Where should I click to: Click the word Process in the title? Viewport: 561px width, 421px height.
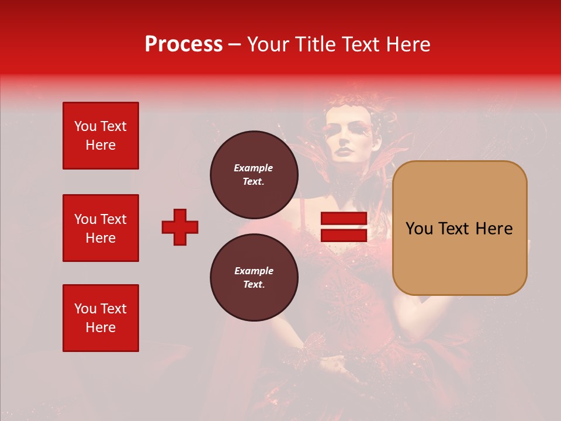click(x=183, y=44)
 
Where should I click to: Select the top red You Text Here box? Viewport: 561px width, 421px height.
click(x=101, y=136)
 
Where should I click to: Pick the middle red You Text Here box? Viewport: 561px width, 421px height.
click(x=101, y=228)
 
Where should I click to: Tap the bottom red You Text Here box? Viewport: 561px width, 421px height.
click(x=101, y=318)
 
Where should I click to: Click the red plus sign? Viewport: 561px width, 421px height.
click(x=180, y=227)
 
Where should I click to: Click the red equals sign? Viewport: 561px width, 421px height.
click(x=344, y=227)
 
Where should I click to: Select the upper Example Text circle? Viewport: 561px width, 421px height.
click(x=254, y=174)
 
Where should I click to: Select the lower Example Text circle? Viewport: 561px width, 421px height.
click(x=254, y=277)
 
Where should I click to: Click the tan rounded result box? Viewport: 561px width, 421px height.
click(x=459, y=228)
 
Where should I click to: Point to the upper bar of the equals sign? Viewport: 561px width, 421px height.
click(x=344, y=219)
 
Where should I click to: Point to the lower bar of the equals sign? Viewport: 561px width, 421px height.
click(x=344, y=235)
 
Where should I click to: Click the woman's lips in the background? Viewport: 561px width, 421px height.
click(x=344, y=151)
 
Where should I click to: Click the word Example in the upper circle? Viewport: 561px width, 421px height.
click(x=254, y=168)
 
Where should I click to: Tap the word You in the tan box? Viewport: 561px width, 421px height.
click(x=419, y=229)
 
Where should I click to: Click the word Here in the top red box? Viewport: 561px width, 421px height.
click(x=101, y=145)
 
